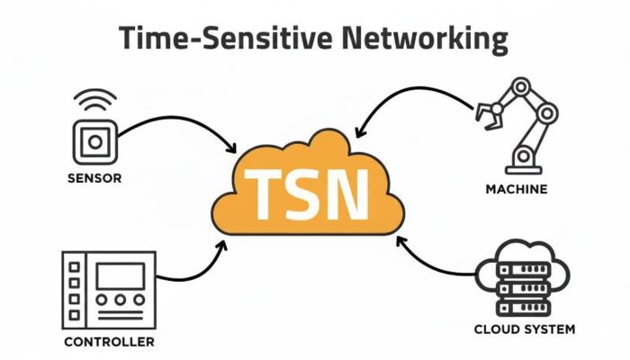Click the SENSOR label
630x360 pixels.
tap(94, 178)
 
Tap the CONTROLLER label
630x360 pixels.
tap(109, 342)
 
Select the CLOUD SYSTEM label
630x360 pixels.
tap(525, 329)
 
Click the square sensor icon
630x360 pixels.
tap(94, 143)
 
